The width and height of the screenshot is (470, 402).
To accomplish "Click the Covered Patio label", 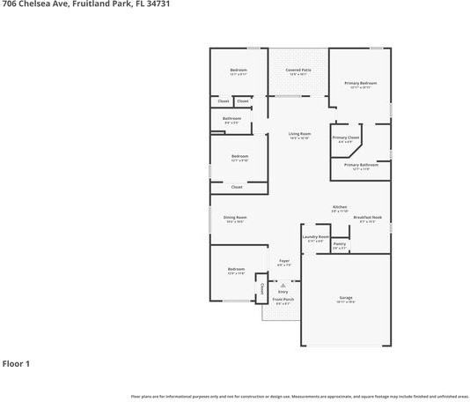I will click(300, 70).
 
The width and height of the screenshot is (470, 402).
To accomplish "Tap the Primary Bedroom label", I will click(361, 83).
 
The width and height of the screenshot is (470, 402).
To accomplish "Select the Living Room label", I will click(300, 133).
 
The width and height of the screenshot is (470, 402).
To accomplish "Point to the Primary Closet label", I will click(346, 138).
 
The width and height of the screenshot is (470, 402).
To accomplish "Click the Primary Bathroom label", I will click(361, 165).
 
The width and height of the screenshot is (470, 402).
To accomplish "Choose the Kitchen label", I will click(340, 207).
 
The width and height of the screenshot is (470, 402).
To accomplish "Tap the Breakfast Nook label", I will click(368, 217).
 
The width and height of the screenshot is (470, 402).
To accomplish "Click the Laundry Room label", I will click(315, 236).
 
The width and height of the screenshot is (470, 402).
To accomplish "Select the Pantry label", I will click(340, 243).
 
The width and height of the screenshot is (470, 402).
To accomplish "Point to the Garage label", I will click(346, 298).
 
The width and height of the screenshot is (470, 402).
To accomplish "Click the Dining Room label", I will click(235, 217).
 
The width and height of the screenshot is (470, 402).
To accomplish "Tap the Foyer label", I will click(284, 260).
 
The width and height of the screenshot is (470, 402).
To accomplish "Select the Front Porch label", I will click(283, 300).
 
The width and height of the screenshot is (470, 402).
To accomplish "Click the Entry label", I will click(283, 291).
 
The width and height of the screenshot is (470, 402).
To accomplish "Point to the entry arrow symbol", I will click(283, 285).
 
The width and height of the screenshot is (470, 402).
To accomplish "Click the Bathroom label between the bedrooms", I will click(232, 118).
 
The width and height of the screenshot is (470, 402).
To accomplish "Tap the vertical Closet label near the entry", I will click(261, 287).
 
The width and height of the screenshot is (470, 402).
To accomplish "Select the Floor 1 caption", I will click(17, 362).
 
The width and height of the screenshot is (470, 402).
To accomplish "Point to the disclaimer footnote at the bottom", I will click(299, 396).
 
